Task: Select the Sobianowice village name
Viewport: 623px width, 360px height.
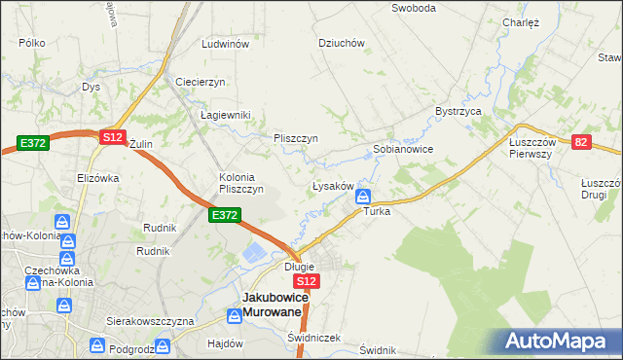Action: click(x=403, y=150)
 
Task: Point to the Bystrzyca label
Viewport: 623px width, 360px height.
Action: click(x=459, y=111)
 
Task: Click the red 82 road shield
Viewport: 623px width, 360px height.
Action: click(x=581, y=142)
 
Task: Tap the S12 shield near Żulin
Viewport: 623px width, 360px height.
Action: click(x=112, y=138)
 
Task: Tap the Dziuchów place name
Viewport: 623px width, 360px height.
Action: click(x=342, y=43)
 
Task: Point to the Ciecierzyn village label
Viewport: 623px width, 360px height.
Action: click(x=201, y=81)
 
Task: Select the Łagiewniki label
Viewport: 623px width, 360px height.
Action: click(x=226, y=115)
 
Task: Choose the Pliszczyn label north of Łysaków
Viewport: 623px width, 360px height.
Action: click(x=296, y=138)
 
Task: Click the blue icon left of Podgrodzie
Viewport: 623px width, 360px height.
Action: click(x=98, y=345)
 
